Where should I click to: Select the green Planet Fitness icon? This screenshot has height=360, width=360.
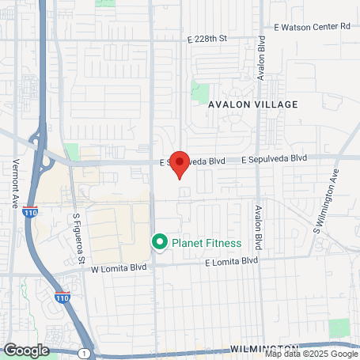click(159, 242)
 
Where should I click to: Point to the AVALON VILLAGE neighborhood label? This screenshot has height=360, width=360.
click(253, 104)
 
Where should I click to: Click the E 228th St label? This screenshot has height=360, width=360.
click(207, 38)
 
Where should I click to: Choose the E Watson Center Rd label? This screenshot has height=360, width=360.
click(313, 26)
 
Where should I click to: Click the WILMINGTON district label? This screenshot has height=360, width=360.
click(264, 348)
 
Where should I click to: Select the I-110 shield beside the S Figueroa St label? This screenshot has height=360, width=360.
click(52, 212)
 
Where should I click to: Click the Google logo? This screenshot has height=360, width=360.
click(26, 349)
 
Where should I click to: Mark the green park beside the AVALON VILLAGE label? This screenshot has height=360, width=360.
click(200, 90)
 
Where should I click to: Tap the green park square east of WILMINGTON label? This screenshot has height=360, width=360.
click(339, 327)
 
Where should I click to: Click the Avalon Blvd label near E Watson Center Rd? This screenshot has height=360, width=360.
click(260, 59)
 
